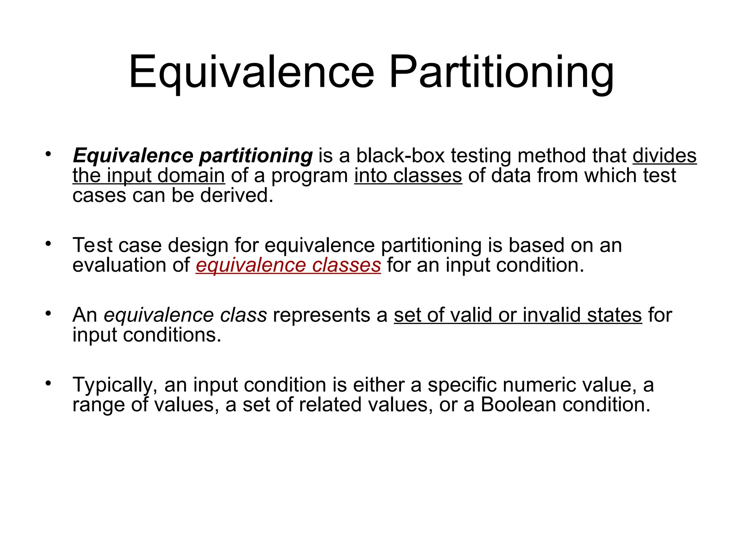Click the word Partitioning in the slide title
501,73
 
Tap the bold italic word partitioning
256,156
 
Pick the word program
310,176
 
